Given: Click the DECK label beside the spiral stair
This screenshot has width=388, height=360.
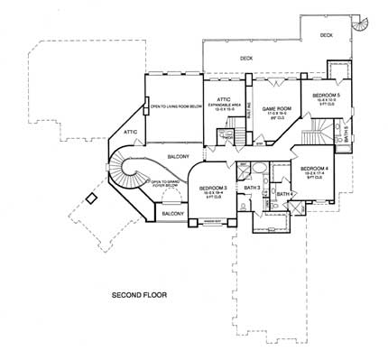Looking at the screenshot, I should point(326,35).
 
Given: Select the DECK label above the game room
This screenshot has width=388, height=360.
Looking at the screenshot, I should point(245,60).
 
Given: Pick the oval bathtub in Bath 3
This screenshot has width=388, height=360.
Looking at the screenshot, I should point(255,169).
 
